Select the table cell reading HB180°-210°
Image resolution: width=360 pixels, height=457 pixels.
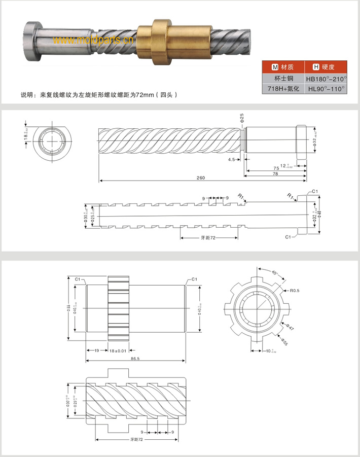[326, 79]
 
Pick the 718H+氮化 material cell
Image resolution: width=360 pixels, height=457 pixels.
[284, 89]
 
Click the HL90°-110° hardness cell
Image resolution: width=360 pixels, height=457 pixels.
[326, 89]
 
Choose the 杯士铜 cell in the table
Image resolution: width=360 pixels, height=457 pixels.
[284, 79]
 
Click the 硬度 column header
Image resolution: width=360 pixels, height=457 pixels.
[326, 67]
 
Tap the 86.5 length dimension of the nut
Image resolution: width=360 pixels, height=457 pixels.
[135, 358]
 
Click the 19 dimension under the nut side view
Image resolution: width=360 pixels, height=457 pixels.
[96, 350]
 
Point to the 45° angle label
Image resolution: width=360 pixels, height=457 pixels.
[274, 273]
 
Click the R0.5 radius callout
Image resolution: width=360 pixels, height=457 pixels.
[296, 291]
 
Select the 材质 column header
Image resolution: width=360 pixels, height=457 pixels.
[284, 67]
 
